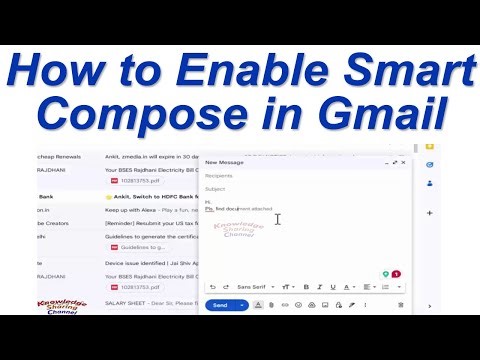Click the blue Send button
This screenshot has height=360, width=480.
(x=220, y=305)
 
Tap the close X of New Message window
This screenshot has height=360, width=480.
(x=404, y=161)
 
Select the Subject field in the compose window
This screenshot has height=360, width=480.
(x=300, y=188)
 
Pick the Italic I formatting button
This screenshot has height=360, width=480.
(x=320, y=287)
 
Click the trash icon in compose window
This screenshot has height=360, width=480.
(x=400, y=305)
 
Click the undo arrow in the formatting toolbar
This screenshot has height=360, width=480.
(x=212, y=287)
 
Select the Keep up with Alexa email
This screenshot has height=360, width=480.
(x=150, y=210)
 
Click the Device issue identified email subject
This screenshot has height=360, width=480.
(x=150, y=264)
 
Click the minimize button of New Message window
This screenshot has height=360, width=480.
(x=384, y=161)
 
